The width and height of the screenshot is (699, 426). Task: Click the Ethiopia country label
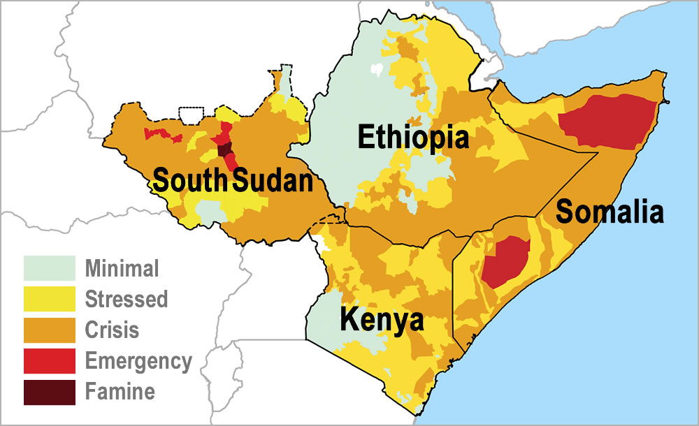click(412, 137)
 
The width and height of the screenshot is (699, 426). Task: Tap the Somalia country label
click(609, 211)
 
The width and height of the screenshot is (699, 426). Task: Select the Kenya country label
click(382, 321)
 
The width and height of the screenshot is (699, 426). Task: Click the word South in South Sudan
click(190, 181)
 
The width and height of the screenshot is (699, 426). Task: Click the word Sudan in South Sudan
click(272, 181)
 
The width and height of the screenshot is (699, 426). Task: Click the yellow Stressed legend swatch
click(49, 299)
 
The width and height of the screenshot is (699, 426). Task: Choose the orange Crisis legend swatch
click(49, 330)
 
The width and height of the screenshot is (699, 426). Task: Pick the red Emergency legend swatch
click(49, 361)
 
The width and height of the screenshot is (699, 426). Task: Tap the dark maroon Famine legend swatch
click(49, 392)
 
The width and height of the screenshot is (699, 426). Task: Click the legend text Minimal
click(122, 268)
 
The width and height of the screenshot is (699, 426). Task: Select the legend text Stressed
click(127, 299)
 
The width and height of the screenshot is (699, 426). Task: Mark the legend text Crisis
click(112, 330)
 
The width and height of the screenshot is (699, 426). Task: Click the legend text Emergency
click(138, 361)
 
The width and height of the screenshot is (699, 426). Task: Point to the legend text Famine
click(120, 392)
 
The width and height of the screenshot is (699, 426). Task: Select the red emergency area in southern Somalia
click(505, 260)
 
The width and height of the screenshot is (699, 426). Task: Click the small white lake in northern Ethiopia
click(377, 70)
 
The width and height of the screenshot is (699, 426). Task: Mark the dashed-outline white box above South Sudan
click(192, 114)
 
